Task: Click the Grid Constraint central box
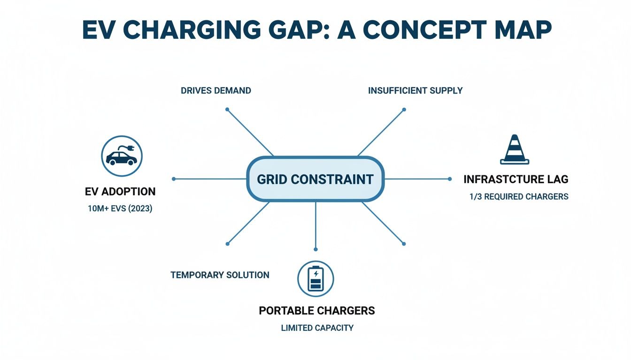pos(315,179)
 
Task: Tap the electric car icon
pos(122,156)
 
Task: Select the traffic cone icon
pos(515,150)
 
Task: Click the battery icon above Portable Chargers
pos(315,279)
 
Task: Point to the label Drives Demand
pos(216,90)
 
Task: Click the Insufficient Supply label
pos(415,90)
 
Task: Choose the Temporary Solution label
pos(220,275)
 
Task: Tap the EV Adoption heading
pos(120,192)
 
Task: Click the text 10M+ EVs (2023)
pos(120,209)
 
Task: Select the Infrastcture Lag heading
pos(516,179)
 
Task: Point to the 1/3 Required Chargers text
pos(519,196)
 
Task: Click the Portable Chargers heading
pos(317,311)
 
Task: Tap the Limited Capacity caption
pos(317,328)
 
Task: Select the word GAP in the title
pos(299,30)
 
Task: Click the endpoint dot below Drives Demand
pos(227,109)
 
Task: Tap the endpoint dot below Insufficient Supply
pos(404,109)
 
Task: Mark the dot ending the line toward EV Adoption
pos(174,179)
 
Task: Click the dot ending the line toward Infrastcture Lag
pos(450,179)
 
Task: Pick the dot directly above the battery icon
pos(315,249)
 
